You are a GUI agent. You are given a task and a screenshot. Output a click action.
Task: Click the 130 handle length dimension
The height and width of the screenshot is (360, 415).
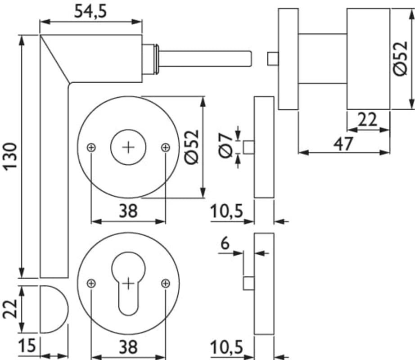tap(10, 156)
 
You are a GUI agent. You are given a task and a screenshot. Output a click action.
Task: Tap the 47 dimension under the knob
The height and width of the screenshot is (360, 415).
tap(343, 144)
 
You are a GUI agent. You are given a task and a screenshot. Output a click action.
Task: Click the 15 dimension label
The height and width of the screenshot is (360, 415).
tap(28, 347)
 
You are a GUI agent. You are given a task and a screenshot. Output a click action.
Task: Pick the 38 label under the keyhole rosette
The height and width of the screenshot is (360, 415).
tap(128, 347)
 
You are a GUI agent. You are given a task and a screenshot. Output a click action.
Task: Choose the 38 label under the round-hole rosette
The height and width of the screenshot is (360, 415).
tap(128, 211)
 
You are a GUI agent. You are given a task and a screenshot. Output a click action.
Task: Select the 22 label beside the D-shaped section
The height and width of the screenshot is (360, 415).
tap(11, 309)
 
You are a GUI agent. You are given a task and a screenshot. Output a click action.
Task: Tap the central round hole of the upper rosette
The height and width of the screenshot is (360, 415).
tap(129, 147)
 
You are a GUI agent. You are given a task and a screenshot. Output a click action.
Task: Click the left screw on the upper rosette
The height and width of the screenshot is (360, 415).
tap(91, 147)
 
